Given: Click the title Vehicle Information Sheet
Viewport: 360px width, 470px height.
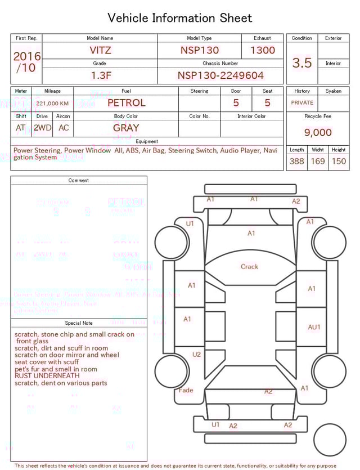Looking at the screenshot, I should [x=180, y=18].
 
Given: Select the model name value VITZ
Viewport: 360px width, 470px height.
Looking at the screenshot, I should [x=100, y=50].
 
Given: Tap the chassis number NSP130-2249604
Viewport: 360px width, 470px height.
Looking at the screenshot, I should [x=220, y=75].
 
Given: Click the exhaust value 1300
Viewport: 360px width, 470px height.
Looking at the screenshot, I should [x=262, y=50].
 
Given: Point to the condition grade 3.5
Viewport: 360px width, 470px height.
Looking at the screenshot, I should [x=302, y=63].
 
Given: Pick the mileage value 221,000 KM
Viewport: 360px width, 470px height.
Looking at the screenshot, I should [x=52, y=104].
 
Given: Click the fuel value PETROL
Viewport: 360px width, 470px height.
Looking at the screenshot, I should [x=126, y=103].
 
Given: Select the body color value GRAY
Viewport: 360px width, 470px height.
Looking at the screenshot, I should [x=126, y=128].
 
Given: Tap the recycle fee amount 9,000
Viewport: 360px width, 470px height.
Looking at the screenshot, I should [x=318, y=132].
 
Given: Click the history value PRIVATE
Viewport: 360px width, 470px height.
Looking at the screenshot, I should [x=302, y=103].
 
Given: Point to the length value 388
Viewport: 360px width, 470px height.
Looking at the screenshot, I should [x=296, y=162].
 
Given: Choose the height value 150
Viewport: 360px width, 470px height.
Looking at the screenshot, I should [x=339, y=162].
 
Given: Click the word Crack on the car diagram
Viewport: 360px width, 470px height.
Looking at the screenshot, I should [x=249, y=267].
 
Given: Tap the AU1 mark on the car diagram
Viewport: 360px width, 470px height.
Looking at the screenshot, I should [x=314, y=327].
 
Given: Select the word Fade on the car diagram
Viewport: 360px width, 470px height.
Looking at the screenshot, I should [x=186, y=390].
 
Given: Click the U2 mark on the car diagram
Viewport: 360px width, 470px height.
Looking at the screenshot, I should [x=196, y=355].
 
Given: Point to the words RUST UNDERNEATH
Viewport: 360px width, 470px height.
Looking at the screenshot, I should [x=47, y=376].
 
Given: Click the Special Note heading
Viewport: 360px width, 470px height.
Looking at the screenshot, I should [x=79, y=323].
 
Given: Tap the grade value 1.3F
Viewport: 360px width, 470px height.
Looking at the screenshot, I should [x=100, y=75].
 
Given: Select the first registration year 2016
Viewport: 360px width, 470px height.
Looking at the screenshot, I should [x=27, y=56].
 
